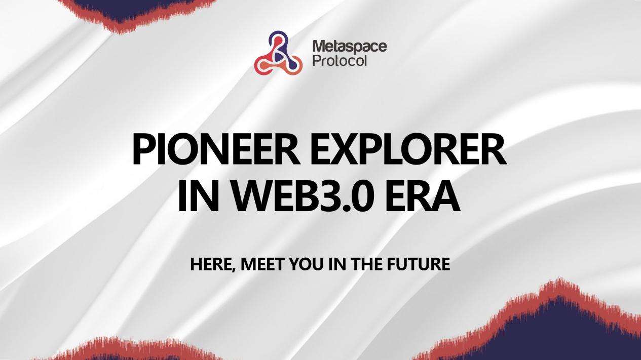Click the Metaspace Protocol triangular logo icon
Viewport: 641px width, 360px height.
(x=278, y=54)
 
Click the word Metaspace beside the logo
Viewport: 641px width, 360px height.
(x=349, y=47)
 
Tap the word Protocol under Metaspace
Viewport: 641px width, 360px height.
(x=340, y=61)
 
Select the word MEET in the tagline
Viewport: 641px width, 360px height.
(x=259, y=264)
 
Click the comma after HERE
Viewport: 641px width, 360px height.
(x=234, y=269)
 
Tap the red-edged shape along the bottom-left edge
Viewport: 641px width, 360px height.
(x=127, y=352)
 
